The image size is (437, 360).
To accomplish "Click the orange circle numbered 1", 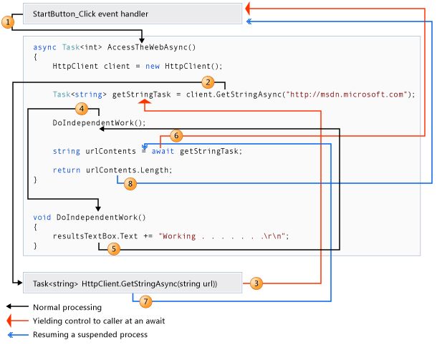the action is click(x=8, y=21).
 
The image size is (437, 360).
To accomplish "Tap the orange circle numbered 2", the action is click(x=208, y=82).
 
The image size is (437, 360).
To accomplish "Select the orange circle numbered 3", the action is click(x=256, y=283).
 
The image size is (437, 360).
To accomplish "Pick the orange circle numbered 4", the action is click(x=82, y=109).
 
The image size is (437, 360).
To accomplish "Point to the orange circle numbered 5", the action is click(x=114, y=248).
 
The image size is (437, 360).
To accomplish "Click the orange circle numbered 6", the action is click(x=176, y=136).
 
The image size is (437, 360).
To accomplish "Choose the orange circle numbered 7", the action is click(x=145, y=301).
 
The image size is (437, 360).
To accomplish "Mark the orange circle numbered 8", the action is click(x=130, y=183).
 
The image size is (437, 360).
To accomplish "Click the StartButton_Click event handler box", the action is click(x=133, y=14).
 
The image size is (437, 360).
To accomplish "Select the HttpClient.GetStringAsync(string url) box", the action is click(x=133, y=283).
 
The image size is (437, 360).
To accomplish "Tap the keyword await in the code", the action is click(x=163, y=151).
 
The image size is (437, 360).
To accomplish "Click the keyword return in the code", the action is click(x=67, y=170).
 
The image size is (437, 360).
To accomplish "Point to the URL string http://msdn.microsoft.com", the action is click(x=347, y=94).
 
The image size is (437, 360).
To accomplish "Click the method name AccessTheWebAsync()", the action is click(x=152, y=47).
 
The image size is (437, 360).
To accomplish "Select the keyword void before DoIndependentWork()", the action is click(x=42, y=217).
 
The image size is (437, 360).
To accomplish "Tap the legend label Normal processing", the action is click(x=67, y=307).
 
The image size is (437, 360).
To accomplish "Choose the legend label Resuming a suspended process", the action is click(x=90, y=334).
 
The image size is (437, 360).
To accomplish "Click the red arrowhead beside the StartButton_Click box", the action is click(x=247, y=8).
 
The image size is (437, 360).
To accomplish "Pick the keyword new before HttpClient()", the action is click(x=153, y=67).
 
